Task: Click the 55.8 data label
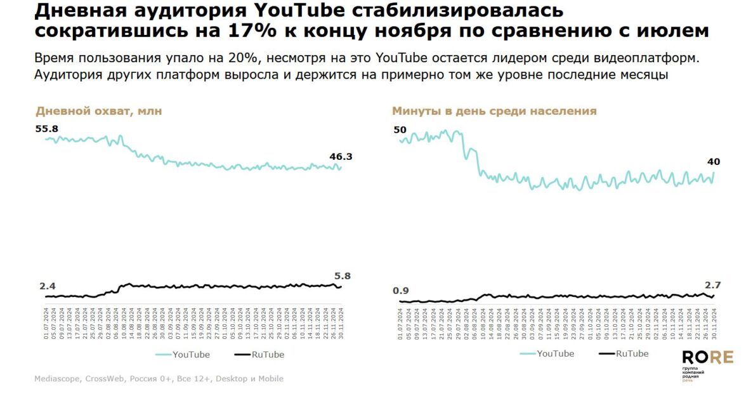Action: (x=46, y=129)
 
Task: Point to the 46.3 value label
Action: (x=341, y=156)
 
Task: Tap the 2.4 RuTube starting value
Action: (x=48, y=286)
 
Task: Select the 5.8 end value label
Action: (x=343, y=276)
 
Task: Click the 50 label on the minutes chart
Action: (x=400, y=130)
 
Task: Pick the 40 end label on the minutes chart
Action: (x=714, y=162)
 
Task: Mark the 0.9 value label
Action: (x=401, y=291)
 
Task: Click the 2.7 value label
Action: (x=712, y=285)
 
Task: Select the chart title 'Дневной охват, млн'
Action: (x=98, y=111)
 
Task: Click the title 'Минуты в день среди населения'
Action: (x=494, y=111)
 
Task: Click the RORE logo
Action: (x=707, y=358)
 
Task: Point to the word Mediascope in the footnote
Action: (x=57, y=379)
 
